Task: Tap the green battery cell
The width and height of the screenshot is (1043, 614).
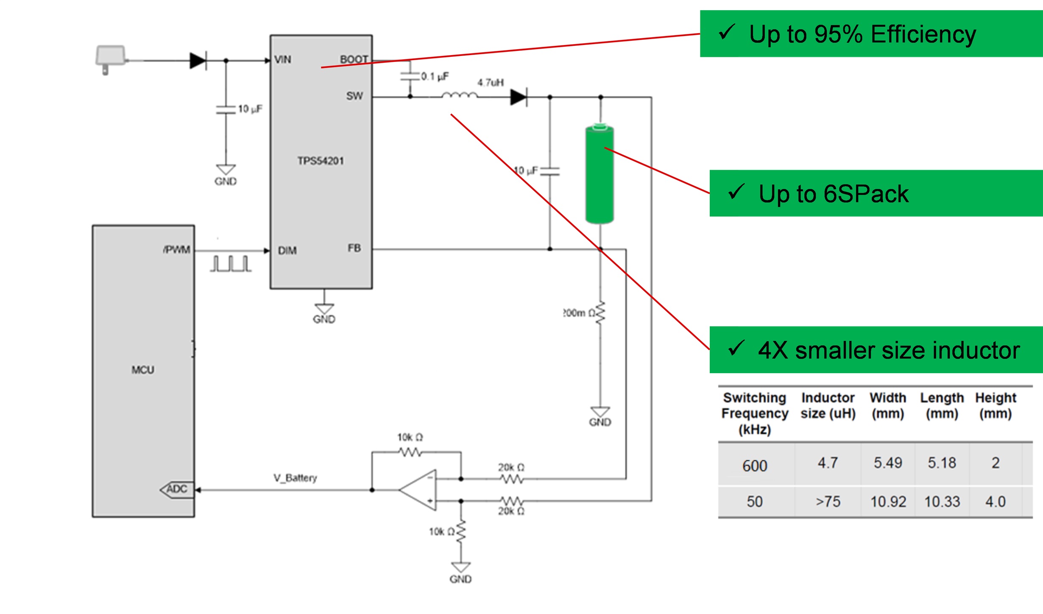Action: point(600,174)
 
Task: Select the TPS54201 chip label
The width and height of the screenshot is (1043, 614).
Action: point(321,161)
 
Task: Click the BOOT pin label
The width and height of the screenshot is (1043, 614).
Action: point(354,59)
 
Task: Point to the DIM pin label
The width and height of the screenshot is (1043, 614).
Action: point(287,251)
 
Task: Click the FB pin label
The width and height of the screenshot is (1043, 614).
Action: point(354,248)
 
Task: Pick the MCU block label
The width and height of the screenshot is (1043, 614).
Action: point(143,370)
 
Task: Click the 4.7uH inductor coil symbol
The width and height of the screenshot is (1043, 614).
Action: point(459,96)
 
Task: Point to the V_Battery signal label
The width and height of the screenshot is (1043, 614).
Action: point(295,478)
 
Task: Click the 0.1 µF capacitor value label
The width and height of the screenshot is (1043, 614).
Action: point(435,77)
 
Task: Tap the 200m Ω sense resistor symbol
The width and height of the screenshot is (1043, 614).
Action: point(600,313)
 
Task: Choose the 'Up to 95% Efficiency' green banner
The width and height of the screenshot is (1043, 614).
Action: point(871,34)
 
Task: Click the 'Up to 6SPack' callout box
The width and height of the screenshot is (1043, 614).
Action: point(876,194)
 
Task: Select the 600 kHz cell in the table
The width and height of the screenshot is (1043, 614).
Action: point(755,466)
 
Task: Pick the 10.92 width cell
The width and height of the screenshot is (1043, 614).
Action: point(888,502)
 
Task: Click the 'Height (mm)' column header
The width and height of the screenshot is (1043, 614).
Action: point(996,405)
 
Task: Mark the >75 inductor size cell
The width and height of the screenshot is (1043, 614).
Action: point(828,502)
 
